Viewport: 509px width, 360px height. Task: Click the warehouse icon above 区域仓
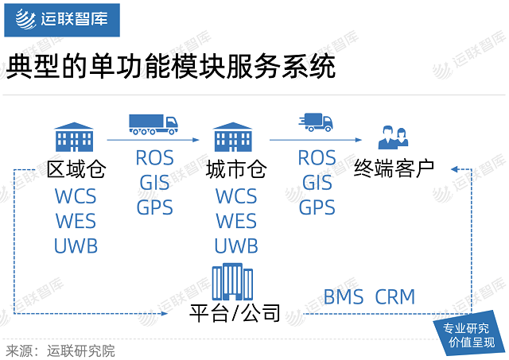[x=74, y=137]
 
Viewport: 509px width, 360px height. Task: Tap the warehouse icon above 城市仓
[x=234, y=137]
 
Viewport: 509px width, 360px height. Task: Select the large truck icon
[x=153, y=124]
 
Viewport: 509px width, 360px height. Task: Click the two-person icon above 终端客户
[x=394, y=137]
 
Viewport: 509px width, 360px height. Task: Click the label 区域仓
[x=76, y=171]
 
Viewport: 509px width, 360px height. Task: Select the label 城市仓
[x=235, y=171]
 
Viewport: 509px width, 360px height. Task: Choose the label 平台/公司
[x=235, y=314]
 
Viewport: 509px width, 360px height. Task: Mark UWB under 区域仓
[x=76, y=246]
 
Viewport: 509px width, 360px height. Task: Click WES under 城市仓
[x=236, y=220]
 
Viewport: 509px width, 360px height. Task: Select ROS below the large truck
[x=153, y=157]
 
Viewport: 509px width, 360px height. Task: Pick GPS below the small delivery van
[x=317, y=208]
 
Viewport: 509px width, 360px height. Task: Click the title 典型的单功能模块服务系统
[x=169, y=68]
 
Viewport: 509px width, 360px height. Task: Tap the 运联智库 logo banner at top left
[x=62, y=19]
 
